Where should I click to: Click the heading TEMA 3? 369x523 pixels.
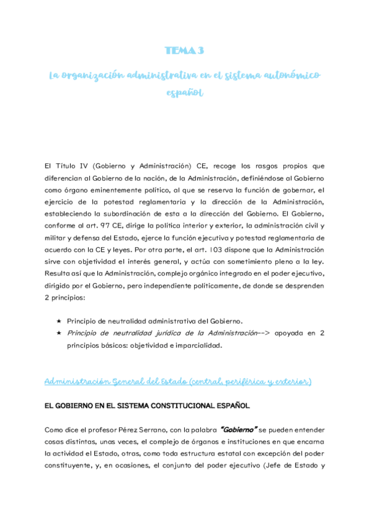184,51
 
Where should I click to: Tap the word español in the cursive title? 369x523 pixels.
184,93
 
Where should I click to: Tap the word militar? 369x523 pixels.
57,238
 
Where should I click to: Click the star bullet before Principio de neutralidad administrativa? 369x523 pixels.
58,321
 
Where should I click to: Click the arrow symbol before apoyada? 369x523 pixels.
266,333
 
